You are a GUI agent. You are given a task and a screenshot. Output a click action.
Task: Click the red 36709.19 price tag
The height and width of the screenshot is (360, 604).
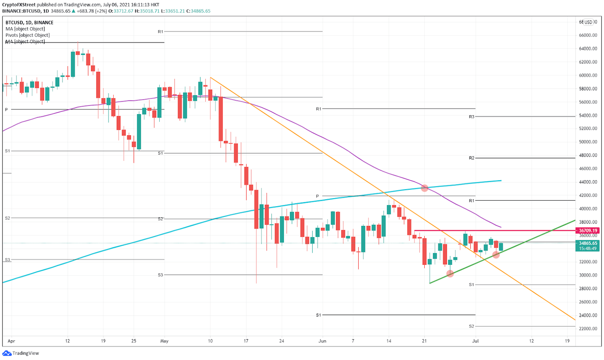588,231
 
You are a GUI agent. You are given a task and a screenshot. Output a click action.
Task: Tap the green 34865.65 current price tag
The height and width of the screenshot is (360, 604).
588,243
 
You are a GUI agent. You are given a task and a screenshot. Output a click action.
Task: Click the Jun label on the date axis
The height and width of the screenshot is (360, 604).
322,341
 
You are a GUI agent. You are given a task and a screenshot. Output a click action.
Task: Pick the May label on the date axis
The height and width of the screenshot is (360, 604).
164,341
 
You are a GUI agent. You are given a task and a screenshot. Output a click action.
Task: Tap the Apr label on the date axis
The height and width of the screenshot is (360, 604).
11,341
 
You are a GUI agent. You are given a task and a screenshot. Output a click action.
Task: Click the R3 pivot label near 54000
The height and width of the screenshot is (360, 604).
471,117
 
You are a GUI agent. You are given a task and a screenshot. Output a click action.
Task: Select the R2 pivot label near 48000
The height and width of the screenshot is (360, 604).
471,158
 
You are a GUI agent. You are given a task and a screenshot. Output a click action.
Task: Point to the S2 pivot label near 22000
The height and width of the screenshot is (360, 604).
471,327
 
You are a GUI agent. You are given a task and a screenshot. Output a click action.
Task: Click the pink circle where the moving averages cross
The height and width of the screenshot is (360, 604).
424,188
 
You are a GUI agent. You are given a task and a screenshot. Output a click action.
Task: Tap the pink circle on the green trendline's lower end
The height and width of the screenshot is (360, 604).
450,273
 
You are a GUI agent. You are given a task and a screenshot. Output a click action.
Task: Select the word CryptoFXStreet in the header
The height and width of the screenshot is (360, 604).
19,5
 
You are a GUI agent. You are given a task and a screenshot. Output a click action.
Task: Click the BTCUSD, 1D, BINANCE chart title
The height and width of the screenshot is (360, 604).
29,22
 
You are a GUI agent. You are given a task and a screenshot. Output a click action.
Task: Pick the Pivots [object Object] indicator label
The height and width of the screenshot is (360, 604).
28,35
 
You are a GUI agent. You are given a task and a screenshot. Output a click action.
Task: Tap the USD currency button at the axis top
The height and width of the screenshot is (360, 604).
588,22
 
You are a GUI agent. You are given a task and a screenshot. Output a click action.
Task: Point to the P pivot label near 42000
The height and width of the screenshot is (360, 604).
318,196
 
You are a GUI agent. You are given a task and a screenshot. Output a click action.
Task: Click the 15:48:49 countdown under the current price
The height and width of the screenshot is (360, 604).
588,249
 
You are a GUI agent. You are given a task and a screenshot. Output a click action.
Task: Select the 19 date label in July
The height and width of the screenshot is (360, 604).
567,341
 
